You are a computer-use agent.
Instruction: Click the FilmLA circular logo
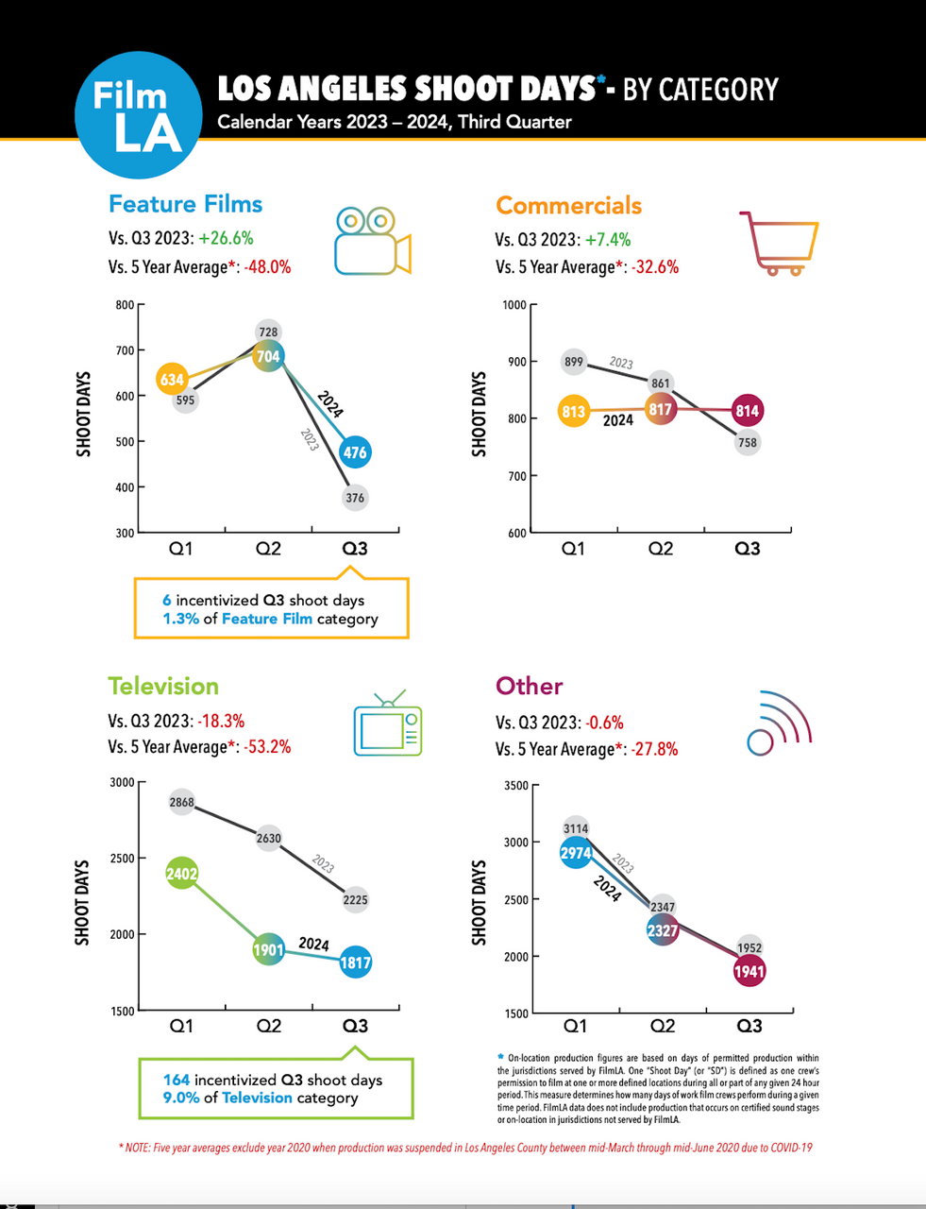coord(138,115)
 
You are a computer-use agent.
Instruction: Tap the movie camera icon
coord(372,241)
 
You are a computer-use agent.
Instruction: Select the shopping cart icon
coord(779,243)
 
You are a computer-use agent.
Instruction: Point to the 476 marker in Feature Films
coord(355,452)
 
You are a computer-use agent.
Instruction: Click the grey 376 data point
coord(355,498)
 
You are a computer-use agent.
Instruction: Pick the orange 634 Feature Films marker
coord(172,380)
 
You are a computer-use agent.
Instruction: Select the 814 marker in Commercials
coord(748,411)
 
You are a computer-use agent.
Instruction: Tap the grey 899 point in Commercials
coord(573,362)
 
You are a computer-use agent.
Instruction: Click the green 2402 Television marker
coord(181,874)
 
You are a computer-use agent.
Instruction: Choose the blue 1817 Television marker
coord(355,962)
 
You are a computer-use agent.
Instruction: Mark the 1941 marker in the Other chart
coord(749,971)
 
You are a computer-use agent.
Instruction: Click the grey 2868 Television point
coord(181,803)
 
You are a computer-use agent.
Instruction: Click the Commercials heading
coord(568,205)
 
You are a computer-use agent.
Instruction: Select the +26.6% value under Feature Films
coord(226,239)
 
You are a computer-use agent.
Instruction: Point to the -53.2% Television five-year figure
coord(267,747)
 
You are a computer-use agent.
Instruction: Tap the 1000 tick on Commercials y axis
coord(514,305)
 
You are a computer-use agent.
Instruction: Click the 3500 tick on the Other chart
coord(516,786)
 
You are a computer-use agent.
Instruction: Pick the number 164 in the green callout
coord(177,1080)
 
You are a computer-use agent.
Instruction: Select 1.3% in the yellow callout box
coord(180,619)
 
